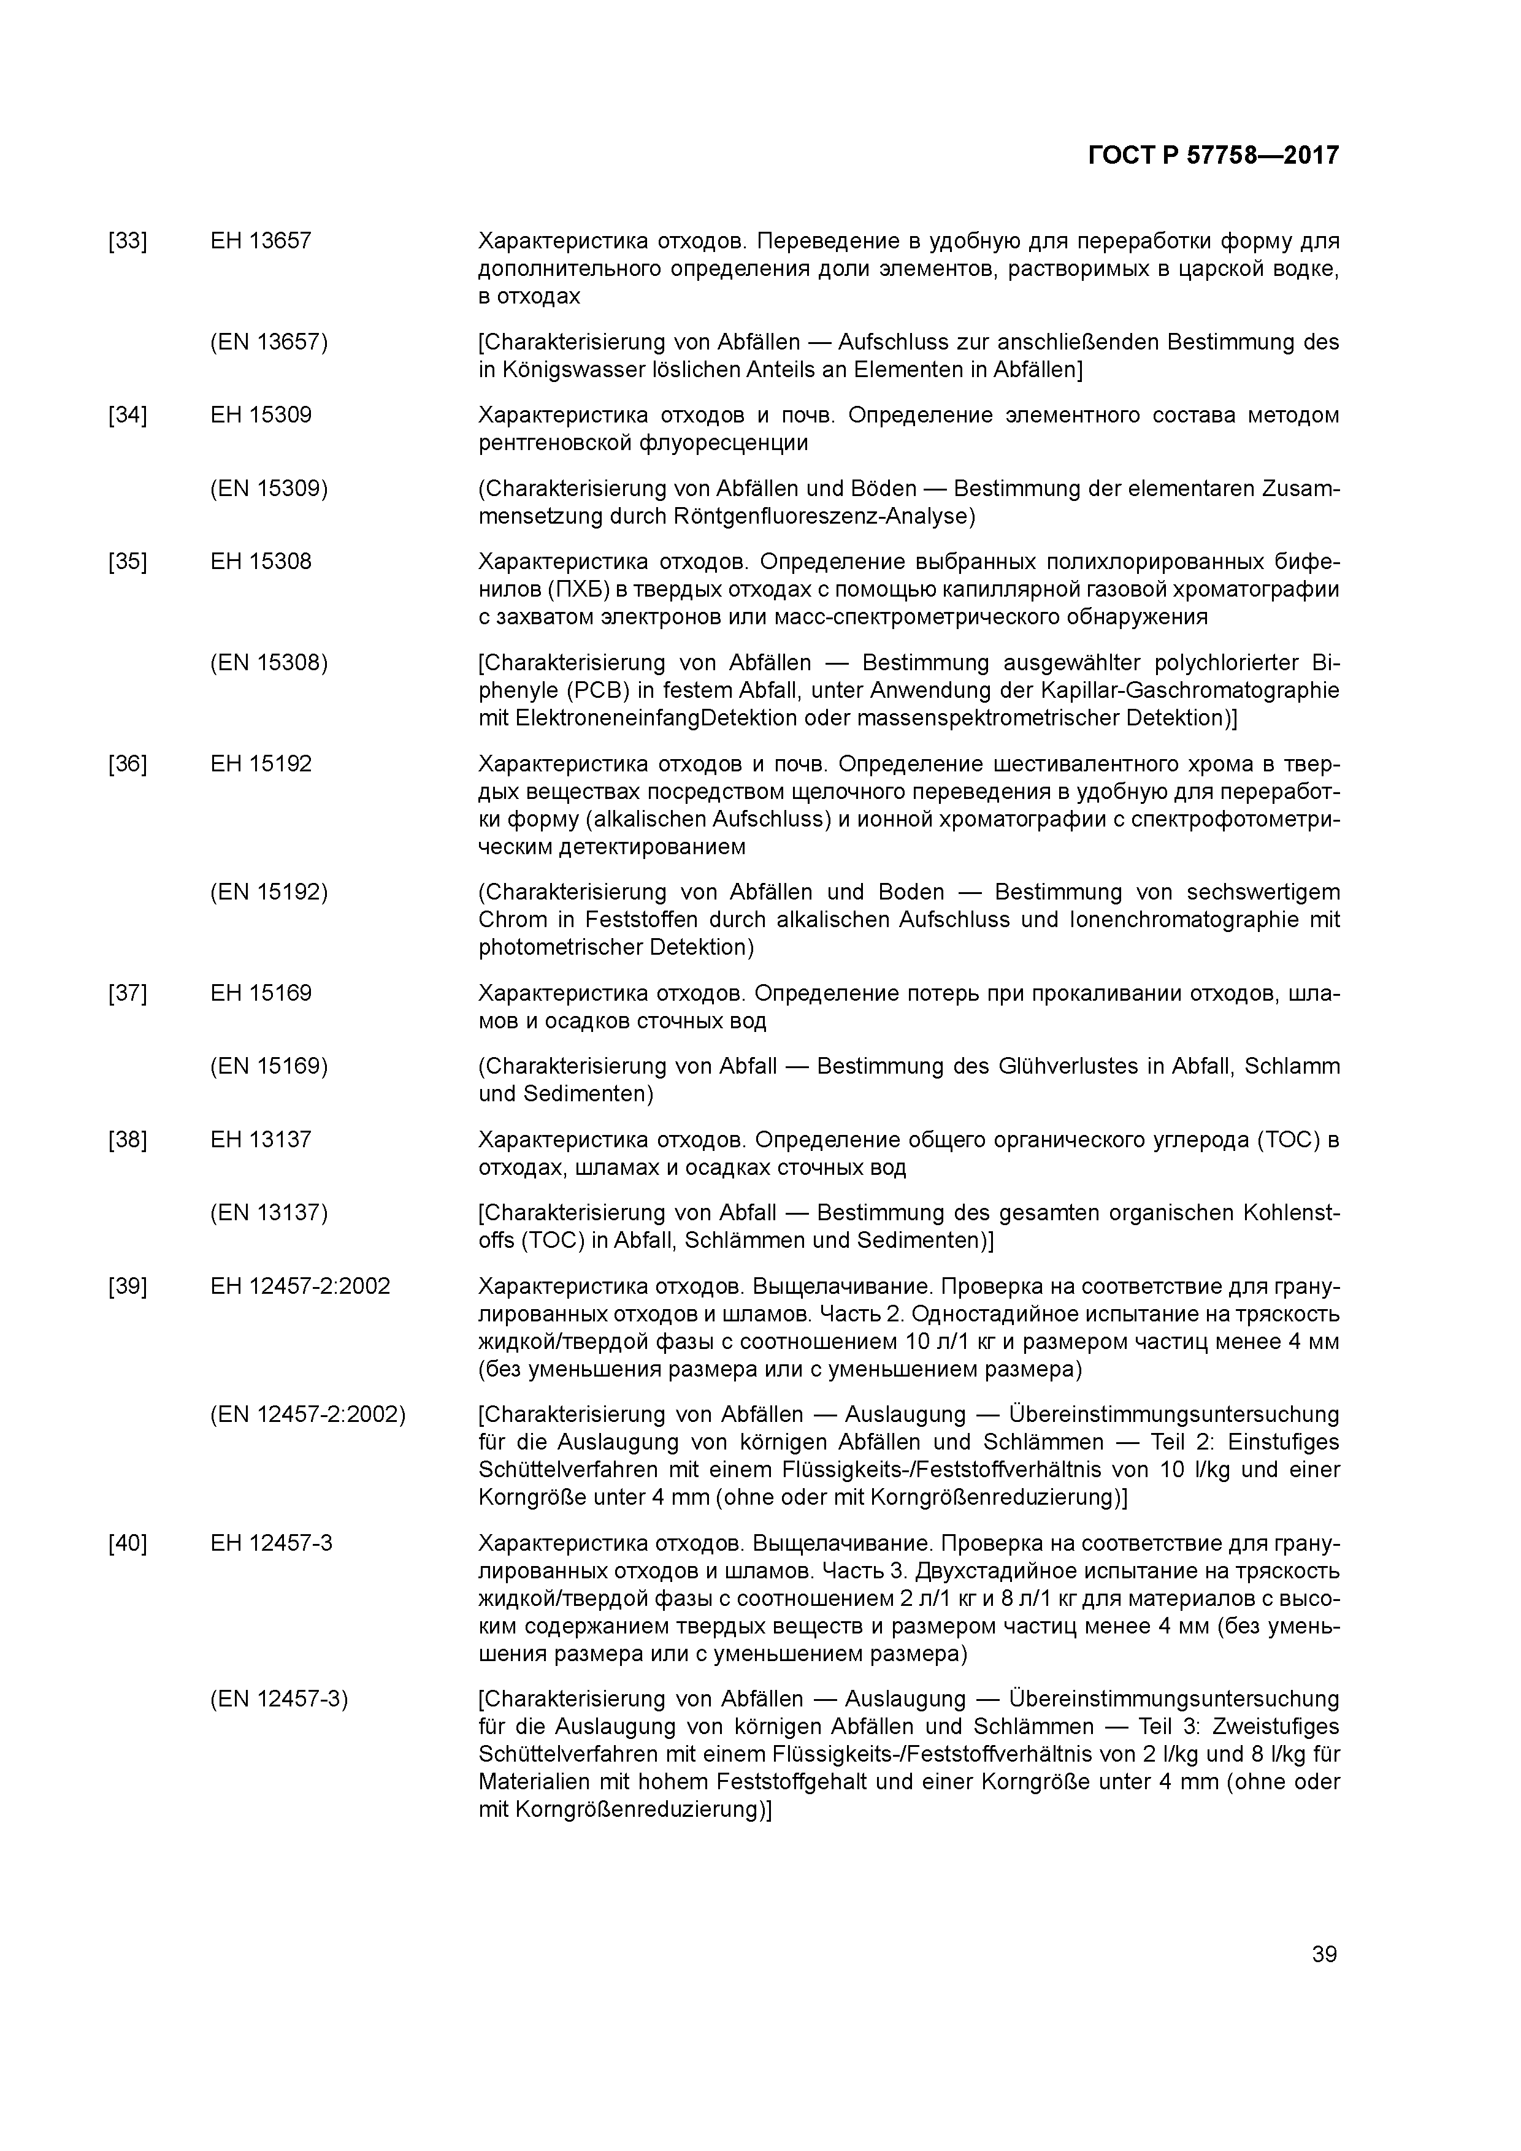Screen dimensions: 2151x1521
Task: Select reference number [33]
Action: coord(128,242)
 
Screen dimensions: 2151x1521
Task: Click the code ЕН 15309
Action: coord(261,416)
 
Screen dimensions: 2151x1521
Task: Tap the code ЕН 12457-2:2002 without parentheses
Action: coord(300,1287)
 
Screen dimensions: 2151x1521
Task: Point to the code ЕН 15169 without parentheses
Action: coord(261,994)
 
